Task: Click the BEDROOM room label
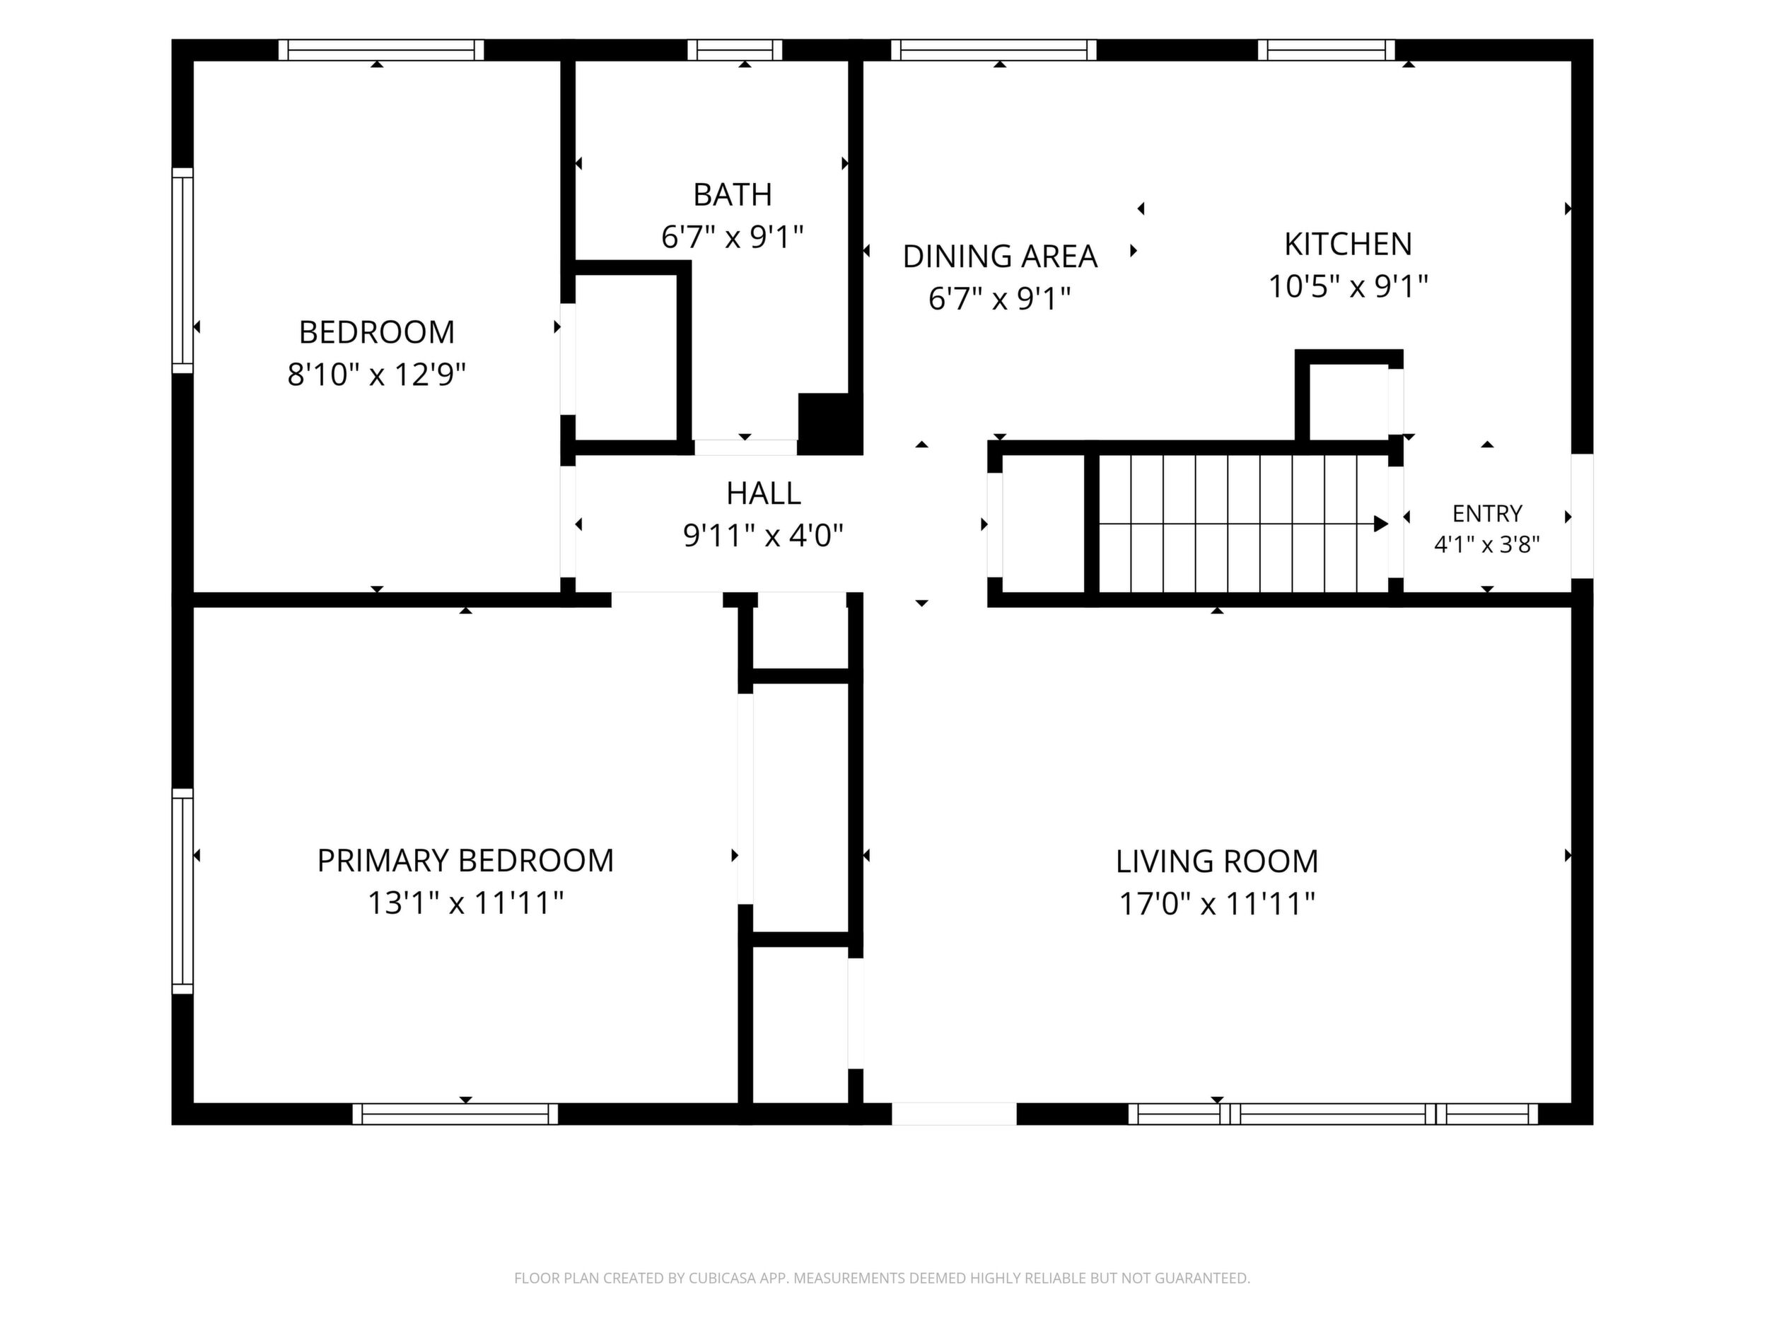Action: coord(377,331)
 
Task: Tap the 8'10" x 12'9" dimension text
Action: coord(377,374)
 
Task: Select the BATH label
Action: coord(733,194)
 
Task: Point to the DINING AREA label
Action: coord(1000,256)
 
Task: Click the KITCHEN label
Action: coord(1348,244)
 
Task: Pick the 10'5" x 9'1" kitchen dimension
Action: coord(1348,286)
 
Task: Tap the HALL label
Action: coord(764,493)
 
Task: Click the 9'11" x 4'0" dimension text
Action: coord(764,535)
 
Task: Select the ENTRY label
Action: coord(1487,513)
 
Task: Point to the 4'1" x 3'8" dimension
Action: coord(1487,545)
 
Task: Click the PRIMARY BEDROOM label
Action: coord(465,861)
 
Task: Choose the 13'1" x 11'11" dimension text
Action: coord(465,902)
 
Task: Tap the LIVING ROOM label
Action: coord(1217,862)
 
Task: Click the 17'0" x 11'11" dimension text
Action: coord(1217,903)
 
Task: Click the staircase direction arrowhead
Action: coord(1380,524)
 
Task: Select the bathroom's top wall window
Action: coord(735,50)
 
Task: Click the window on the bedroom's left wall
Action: coord(182,271)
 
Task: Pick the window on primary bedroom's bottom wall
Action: coord(455,1114)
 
